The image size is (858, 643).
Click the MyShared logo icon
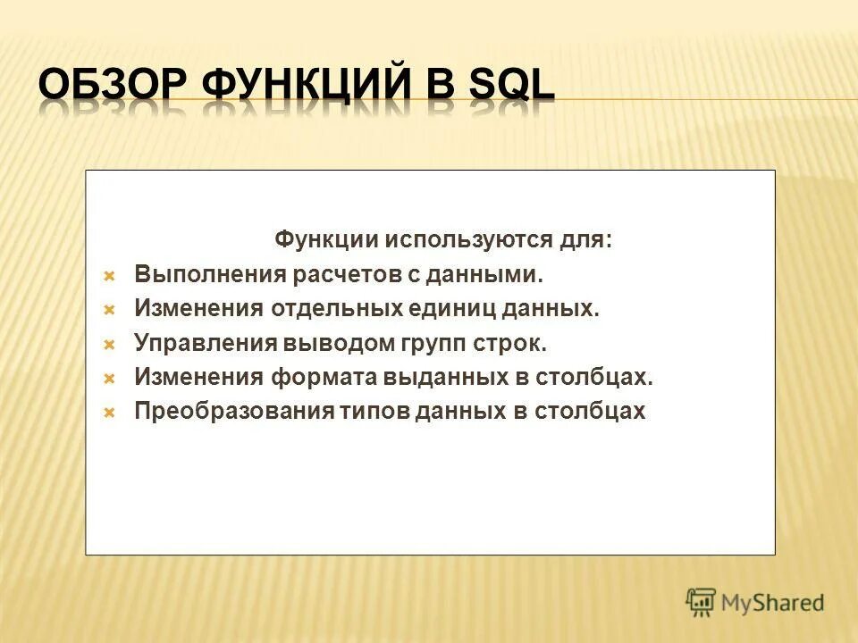pos(702,603)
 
